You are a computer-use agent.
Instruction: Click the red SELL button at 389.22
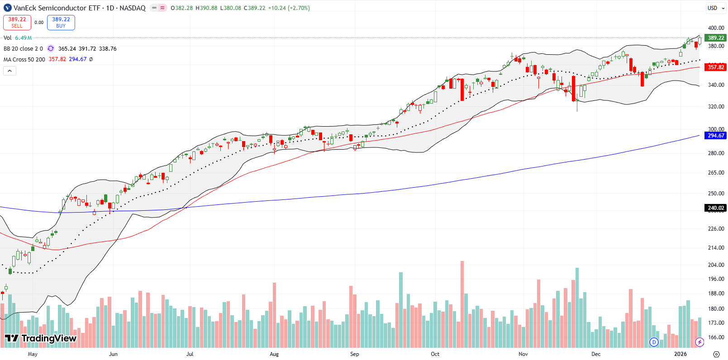tap(17, 22)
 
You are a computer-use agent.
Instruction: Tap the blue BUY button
tap(61, 22)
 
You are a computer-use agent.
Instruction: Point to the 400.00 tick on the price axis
tap(716, 28)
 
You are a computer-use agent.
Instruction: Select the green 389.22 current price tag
tap(715, 38)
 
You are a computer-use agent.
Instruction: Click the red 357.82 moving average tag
tap(715, 67)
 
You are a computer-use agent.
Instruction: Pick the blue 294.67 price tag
tap(715, 136)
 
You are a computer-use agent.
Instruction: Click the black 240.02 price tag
tap(715, 208)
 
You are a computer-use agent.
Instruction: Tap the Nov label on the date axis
tap(523, 354)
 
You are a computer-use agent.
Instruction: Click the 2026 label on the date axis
tap(680, 354)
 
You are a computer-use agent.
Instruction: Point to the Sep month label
tap(354, 354)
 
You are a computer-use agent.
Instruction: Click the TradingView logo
tap(41, 338)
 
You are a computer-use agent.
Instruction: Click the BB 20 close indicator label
tap(23, 48)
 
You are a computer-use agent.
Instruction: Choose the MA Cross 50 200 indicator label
tap(24, 59)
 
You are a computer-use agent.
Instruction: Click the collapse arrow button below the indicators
tap(10, 71)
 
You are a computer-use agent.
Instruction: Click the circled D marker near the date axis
tap(653, 342)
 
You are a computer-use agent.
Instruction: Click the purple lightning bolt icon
tap(699, 342)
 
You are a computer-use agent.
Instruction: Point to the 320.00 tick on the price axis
tap(716, 107)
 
